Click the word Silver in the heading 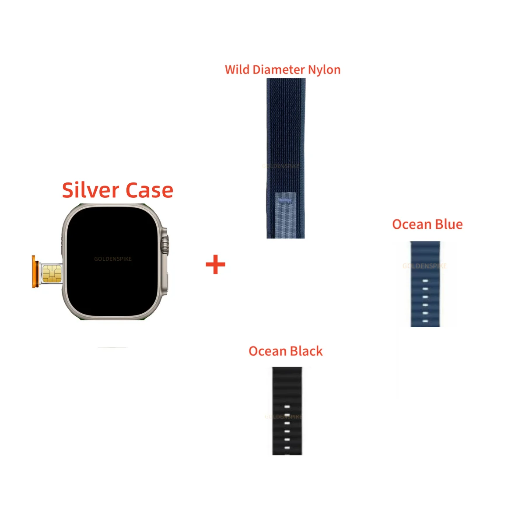point(90,190)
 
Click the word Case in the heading point(149,190)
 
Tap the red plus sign point(215,265)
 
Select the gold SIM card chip point(52,273)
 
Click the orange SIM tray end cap point(34,272)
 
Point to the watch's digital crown point(165,245)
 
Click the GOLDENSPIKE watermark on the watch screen point(113,259)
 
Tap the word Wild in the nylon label point(237,70)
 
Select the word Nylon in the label point(324,70)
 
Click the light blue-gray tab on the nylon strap point(285,212)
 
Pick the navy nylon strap point(286,131)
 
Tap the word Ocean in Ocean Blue point(412,224)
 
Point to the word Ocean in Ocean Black point(267,351)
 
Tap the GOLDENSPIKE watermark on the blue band point(424,266)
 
